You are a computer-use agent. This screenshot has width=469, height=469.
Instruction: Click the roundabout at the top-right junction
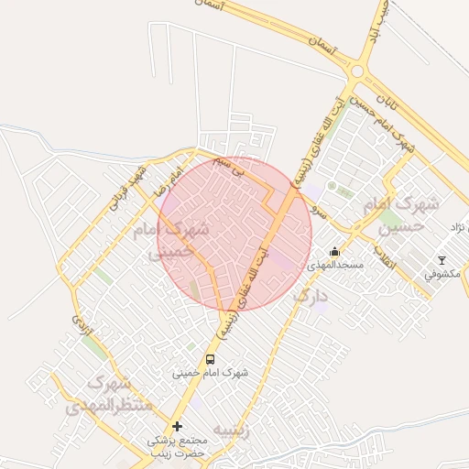(358, 71)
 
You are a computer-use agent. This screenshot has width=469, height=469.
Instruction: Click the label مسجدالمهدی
(335, 265)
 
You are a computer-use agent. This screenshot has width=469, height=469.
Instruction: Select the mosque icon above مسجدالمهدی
(335, 251)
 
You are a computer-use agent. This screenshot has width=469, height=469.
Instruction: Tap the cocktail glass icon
(442, 260)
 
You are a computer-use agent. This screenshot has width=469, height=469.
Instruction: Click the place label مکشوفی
(443, 273)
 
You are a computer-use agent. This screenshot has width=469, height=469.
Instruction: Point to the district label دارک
(310, 298)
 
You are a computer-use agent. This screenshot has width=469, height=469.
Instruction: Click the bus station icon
(211, 360)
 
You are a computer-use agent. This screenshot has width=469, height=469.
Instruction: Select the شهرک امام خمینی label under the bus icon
(211, 373)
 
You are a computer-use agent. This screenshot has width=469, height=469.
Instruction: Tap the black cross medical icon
(178, 427)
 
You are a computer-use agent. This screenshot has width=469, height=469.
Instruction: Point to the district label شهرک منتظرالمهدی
(101, 395)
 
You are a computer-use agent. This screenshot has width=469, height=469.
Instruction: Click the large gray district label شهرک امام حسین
(401, 213)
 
